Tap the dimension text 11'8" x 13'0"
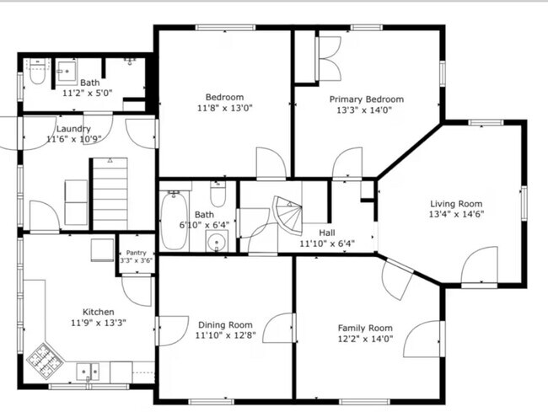[224, 109]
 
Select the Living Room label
[456, 203]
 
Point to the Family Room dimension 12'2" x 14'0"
[365, 340]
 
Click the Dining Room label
[225, 324]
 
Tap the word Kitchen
[98, 311]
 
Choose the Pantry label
[135, 252]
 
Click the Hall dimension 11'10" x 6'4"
[326, 244]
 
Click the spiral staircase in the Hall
[286, 216]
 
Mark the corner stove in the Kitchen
[42, 360]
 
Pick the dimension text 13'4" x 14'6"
[456, 214]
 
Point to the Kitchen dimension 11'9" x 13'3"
[98, 322]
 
